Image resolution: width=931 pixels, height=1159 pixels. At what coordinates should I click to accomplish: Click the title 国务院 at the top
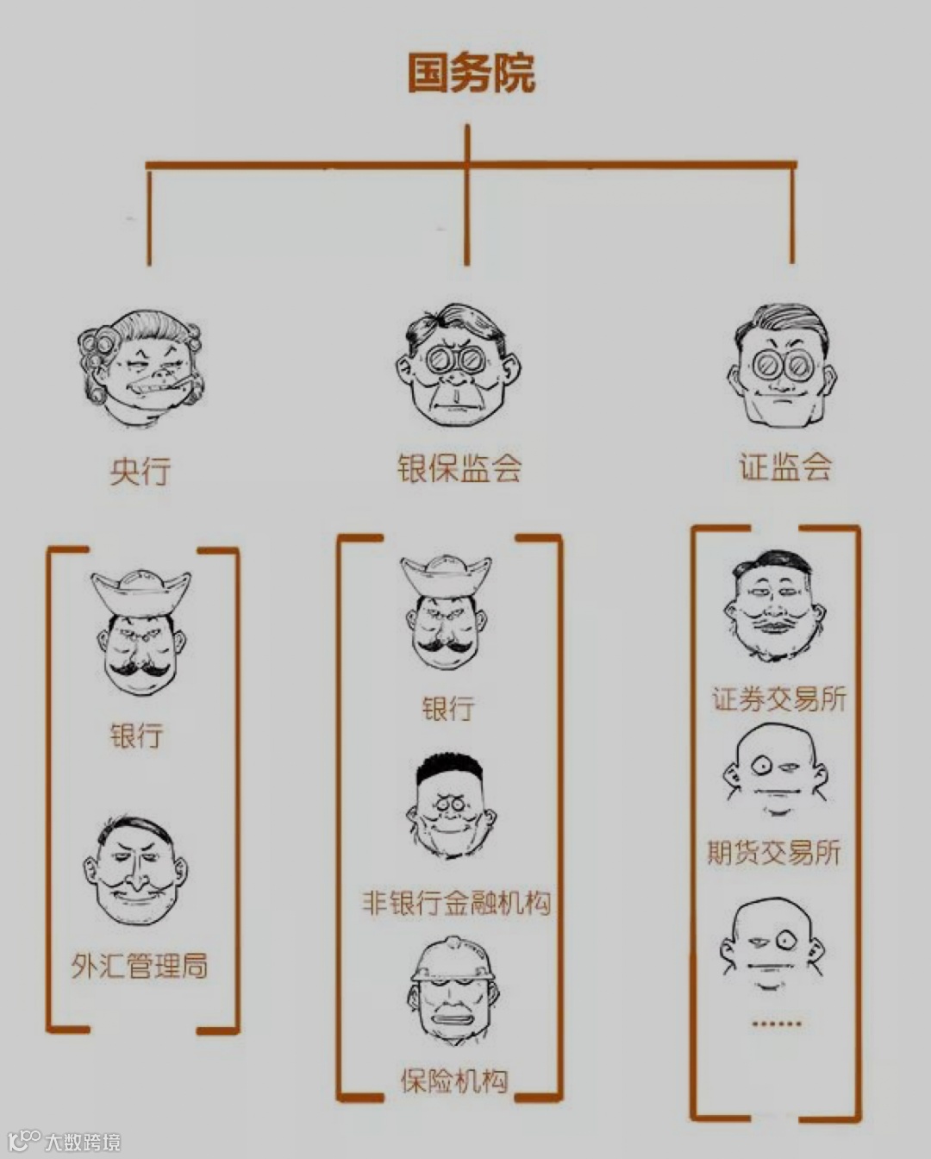tap(471, 73)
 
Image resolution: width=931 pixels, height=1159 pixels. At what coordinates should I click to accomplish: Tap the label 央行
tap(141, 471)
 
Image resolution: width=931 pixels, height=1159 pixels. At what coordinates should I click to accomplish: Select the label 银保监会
tap(459, 468)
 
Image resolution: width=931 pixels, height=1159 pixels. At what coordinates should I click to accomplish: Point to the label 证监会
tap(784, 467)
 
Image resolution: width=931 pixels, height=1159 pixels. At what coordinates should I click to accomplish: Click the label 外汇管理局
tap(140, 965)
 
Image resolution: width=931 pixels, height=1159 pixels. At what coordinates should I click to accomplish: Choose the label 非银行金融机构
tap(456, 903)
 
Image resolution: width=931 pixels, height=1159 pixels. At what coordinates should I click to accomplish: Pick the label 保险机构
tap(454, 1081)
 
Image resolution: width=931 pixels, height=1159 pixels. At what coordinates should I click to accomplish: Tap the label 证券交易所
tap(779, 699)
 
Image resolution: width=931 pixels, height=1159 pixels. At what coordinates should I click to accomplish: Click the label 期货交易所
tap(773, 852)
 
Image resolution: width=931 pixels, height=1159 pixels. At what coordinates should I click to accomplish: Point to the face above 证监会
tap(782, 366)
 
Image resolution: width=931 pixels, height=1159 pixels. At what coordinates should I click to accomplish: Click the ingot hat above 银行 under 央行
tap(141, 592)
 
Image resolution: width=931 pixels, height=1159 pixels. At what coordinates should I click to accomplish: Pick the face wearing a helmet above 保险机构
tap(454, 992)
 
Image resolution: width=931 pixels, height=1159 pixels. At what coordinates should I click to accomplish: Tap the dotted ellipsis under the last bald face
tap(776, 1024)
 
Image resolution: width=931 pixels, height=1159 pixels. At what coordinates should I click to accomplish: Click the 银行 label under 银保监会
tap(447, 709)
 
